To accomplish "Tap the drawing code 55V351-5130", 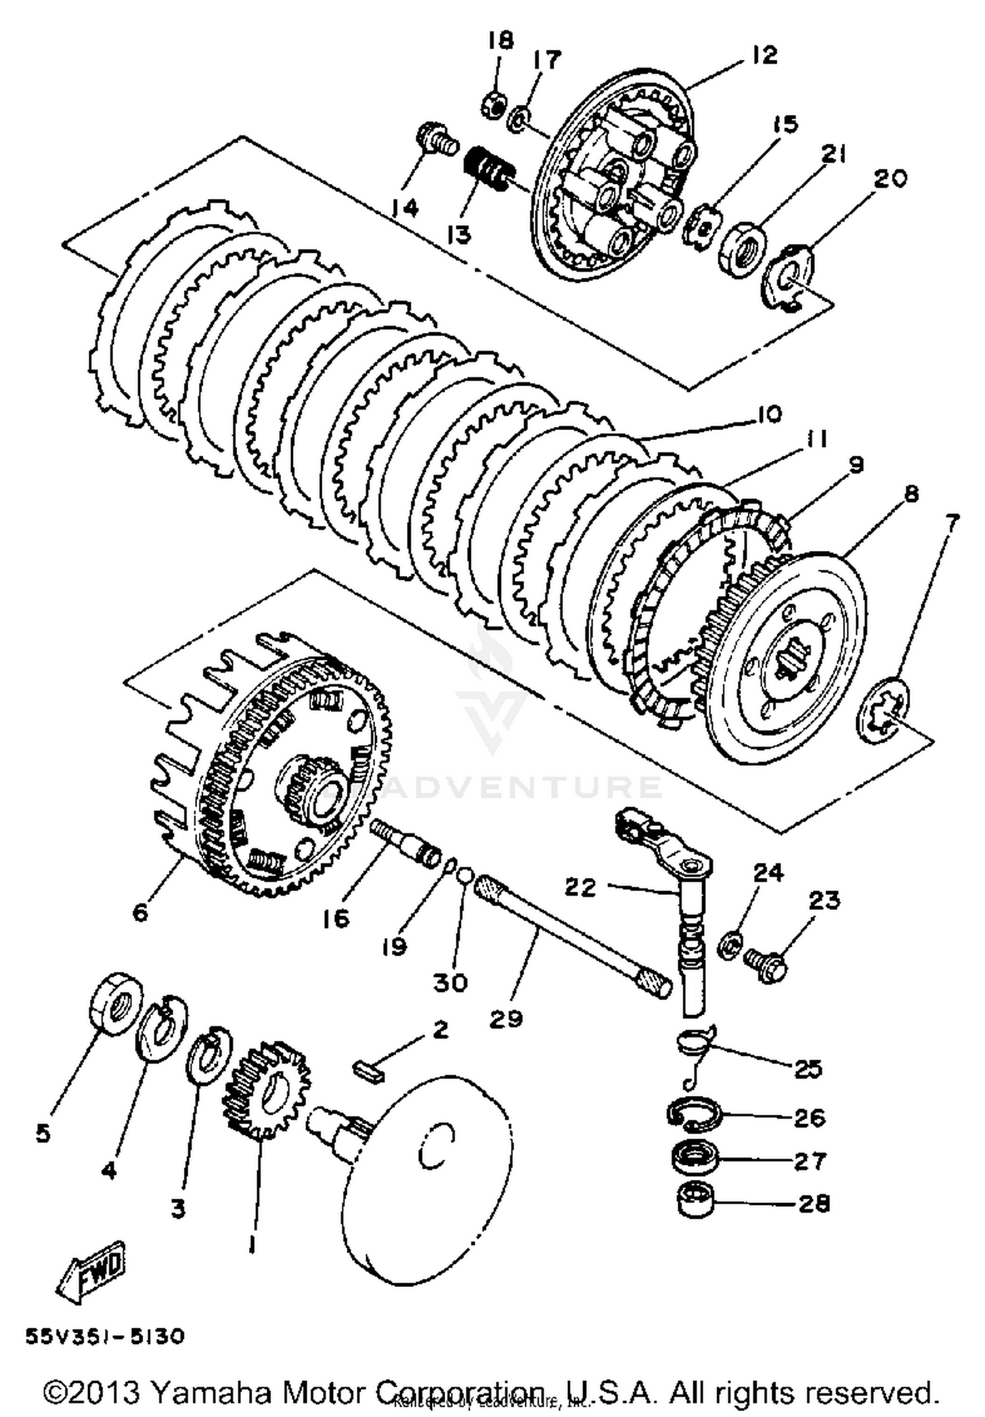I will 105,1337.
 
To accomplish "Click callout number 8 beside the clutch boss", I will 911,494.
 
